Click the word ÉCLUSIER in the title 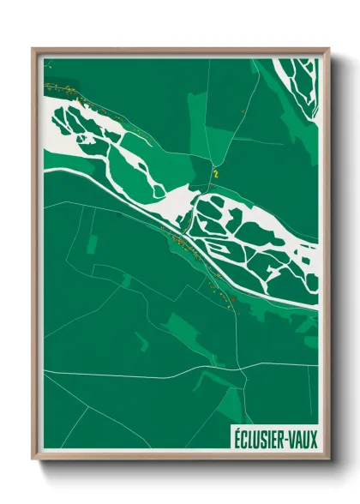coord(261,439)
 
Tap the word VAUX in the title coord(303,439)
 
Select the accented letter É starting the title coord(237,439)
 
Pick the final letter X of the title coord(313,439)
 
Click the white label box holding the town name coord(274,439)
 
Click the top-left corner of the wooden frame coord(33,49)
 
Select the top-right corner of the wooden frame coord(328,49)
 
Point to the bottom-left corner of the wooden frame coord(33,459)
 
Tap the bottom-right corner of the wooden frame coord(328,459)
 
